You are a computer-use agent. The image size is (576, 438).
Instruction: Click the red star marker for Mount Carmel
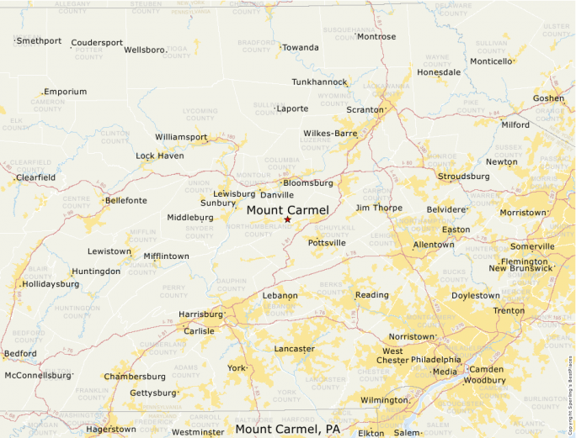(x=287, y=219)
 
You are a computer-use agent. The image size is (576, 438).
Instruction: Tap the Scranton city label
(x=365, y=109)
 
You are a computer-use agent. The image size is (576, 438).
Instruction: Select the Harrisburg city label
(x=200, y=314)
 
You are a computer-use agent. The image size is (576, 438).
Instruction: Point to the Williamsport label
(x=181, y=136)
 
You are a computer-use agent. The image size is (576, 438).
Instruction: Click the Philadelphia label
(x=436, y=360)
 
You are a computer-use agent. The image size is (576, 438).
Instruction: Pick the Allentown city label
(x=434, y=245)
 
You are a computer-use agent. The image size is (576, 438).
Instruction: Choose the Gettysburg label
(x=152, y=393)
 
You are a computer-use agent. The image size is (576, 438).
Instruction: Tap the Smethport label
(x=39, y=40)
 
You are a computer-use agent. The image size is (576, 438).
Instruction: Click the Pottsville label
(x=327, y=242)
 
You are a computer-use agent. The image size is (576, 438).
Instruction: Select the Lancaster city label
(x=294, y=348)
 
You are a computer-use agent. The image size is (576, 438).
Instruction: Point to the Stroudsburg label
(x=463, y=177)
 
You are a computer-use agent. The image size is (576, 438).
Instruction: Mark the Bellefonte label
(x=125, y=200)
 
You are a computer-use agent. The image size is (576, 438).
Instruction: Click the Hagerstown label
(x=110, y=429)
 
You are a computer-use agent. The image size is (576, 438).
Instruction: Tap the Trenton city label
(x=509, y=310)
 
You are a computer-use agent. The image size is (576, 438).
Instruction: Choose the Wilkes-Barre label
(x=330, y=133)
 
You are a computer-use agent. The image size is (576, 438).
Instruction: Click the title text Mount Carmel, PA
(x=287, y=430)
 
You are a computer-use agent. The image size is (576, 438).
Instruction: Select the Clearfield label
(x=36, y=177)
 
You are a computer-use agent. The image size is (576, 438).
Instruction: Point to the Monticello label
(x=491, y=61)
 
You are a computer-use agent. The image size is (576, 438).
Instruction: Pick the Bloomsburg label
(x=308, y=182)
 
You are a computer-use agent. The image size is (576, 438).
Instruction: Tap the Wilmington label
(x=383, y=400)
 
